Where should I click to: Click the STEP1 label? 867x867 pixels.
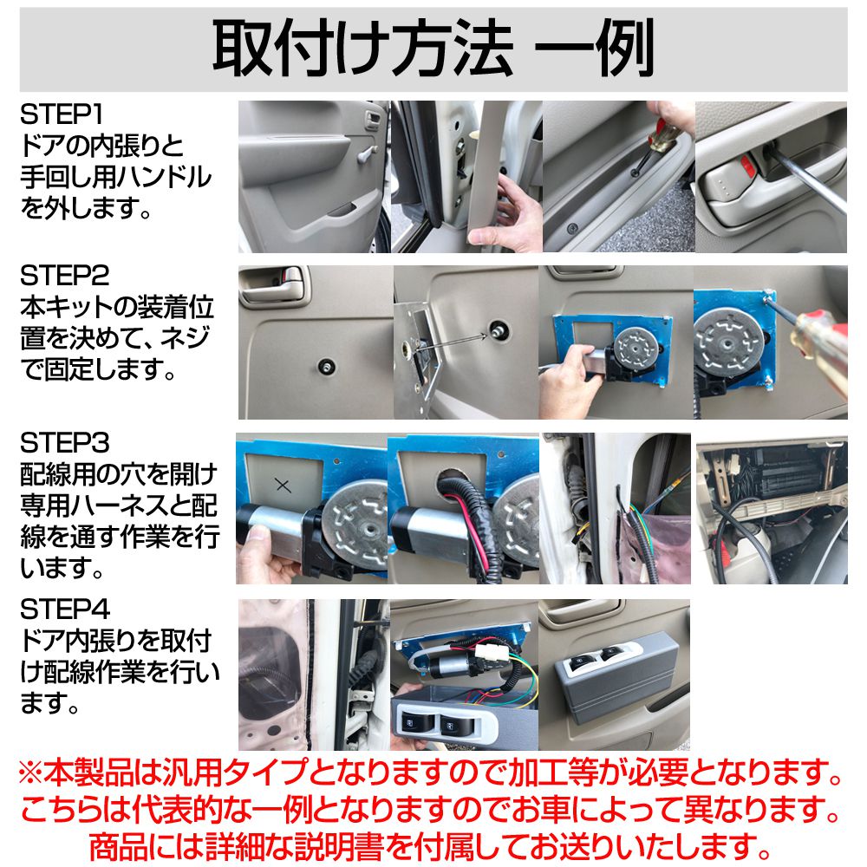tap(65, 114)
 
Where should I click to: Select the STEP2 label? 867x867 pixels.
tap(65, 277)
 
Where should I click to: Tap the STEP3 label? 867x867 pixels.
tap(65, 445)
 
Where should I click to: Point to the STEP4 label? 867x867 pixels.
tap(65, 610)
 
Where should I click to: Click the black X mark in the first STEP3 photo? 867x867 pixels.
tap(282, 485)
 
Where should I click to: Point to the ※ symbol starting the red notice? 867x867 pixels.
tap(34, 771)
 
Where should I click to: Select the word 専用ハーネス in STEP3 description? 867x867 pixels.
tap(95, 505)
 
